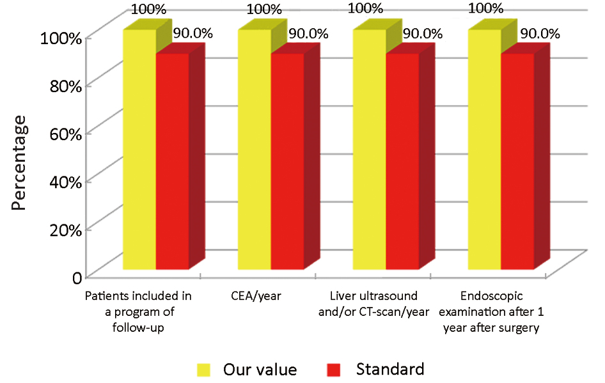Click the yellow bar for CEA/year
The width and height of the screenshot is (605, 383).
click(254, 150)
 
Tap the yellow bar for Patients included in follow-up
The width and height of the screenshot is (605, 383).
click(139, 150)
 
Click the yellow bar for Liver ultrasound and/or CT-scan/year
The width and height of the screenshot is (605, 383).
click(369, 150)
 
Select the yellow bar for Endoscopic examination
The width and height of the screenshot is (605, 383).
click(484, 150)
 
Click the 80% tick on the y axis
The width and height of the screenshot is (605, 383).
click(63, 84)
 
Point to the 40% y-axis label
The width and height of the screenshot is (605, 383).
click(63, 181)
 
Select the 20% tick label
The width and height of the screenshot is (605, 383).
click(63, 230)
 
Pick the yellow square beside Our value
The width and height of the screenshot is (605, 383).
click(204, 370)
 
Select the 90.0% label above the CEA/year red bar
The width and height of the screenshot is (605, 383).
click(308, 33)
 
